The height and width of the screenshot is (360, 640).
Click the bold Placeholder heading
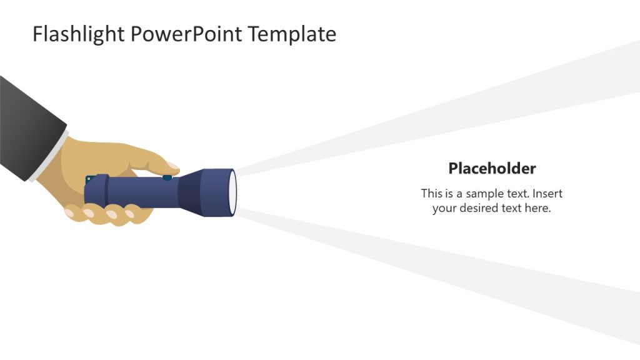[x=492, y=168]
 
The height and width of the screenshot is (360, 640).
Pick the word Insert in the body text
[x=547, y=194]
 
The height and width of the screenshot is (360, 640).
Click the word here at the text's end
[x=537, y=208]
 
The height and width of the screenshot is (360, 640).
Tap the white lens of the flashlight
[x=234, y=192]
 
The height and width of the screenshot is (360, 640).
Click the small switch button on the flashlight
[x=167, y=177]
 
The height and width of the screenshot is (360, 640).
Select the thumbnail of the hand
[x=172, y=167]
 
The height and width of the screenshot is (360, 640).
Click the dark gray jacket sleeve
[x=28, y=125]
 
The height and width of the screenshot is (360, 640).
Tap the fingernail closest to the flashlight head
[x=130, y=214]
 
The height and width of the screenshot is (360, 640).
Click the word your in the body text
[x=444, y=208]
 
